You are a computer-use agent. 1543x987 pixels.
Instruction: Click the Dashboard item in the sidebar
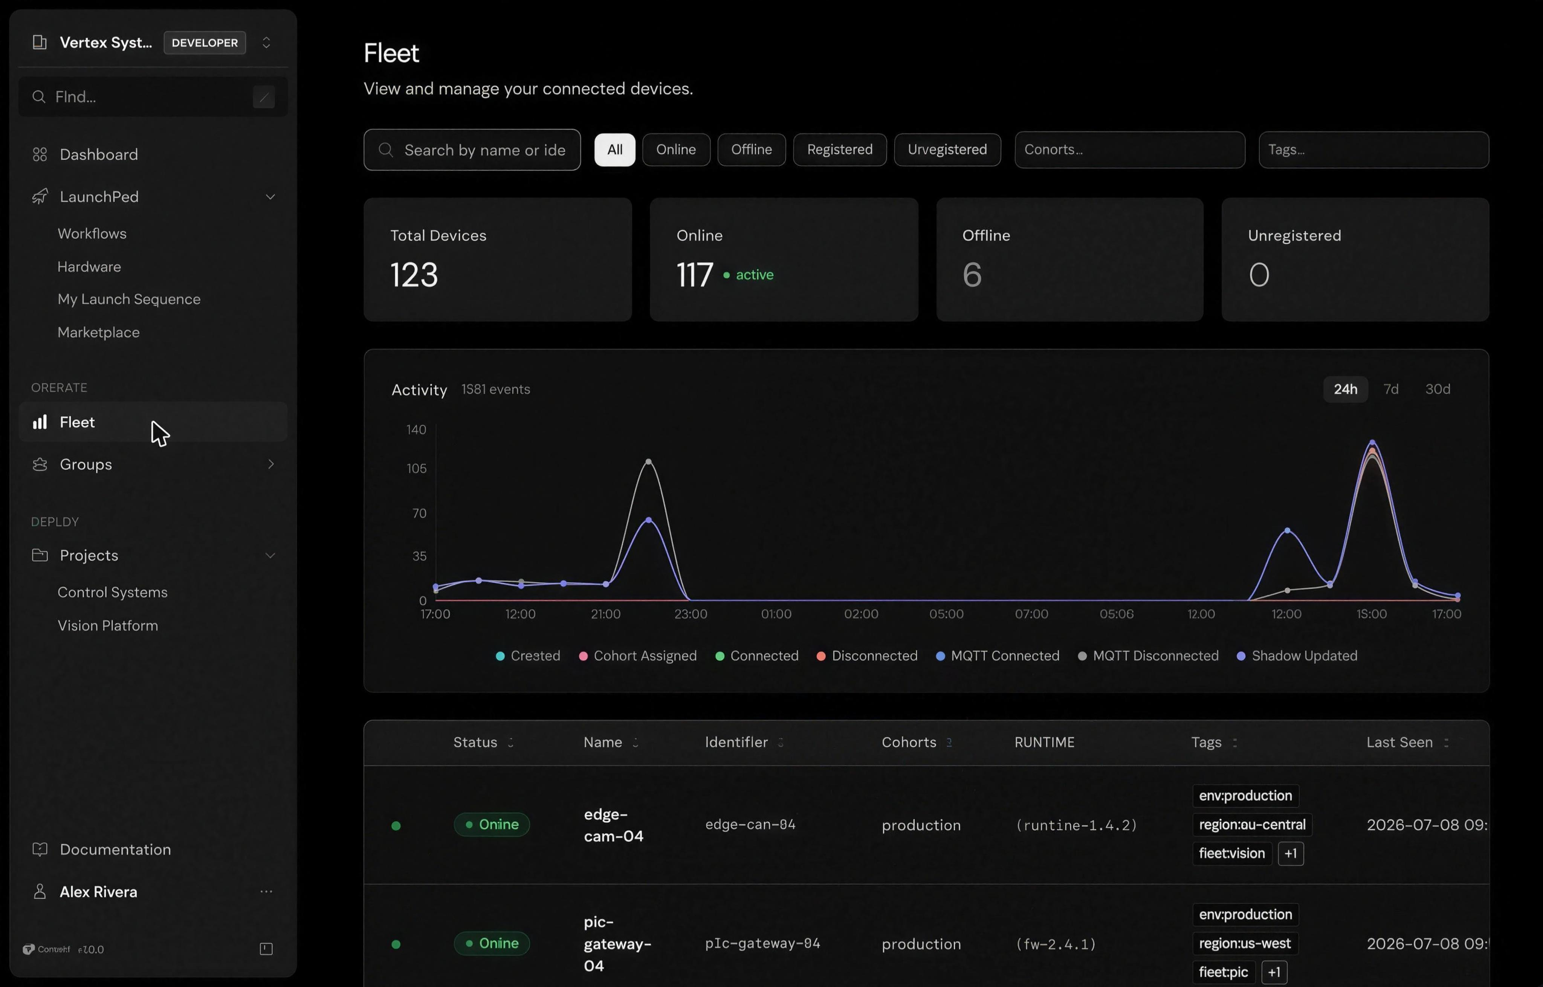click(99, 154)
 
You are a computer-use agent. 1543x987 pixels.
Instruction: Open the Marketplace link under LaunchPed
click(99, 332)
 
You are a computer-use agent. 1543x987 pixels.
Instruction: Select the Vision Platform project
click(108, 625)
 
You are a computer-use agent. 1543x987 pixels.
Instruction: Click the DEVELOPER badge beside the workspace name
click(205, 43)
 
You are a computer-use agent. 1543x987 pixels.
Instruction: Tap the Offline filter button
click(751, 149)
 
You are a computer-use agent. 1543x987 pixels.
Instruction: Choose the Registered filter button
click(839, 149)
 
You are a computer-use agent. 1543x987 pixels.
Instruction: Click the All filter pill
click(614, 149)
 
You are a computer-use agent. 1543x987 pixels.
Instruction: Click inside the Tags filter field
click(1373, 149)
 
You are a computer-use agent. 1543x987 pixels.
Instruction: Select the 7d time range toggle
click(1390, 389)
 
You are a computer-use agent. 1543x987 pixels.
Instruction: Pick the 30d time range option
click(1437, 389)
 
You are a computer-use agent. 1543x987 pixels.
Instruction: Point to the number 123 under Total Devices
click(414, 275)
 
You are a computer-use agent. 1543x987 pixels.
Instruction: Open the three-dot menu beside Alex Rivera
click(266, 892)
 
